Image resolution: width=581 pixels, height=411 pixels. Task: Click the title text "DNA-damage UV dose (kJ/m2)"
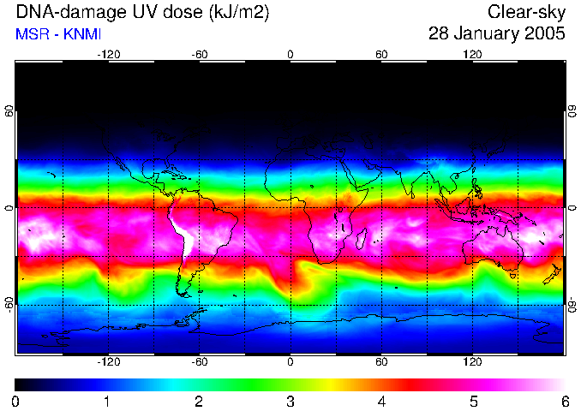136,12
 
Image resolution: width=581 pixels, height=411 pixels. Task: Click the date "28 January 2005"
496,34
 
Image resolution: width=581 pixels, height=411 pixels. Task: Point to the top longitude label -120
108,54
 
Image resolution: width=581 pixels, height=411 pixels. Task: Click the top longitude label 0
290,54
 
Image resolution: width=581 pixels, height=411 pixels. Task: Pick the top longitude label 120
472,54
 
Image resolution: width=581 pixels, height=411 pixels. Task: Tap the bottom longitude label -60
199,362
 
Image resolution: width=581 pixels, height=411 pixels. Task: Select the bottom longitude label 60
381,362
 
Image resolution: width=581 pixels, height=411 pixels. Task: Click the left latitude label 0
9,208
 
